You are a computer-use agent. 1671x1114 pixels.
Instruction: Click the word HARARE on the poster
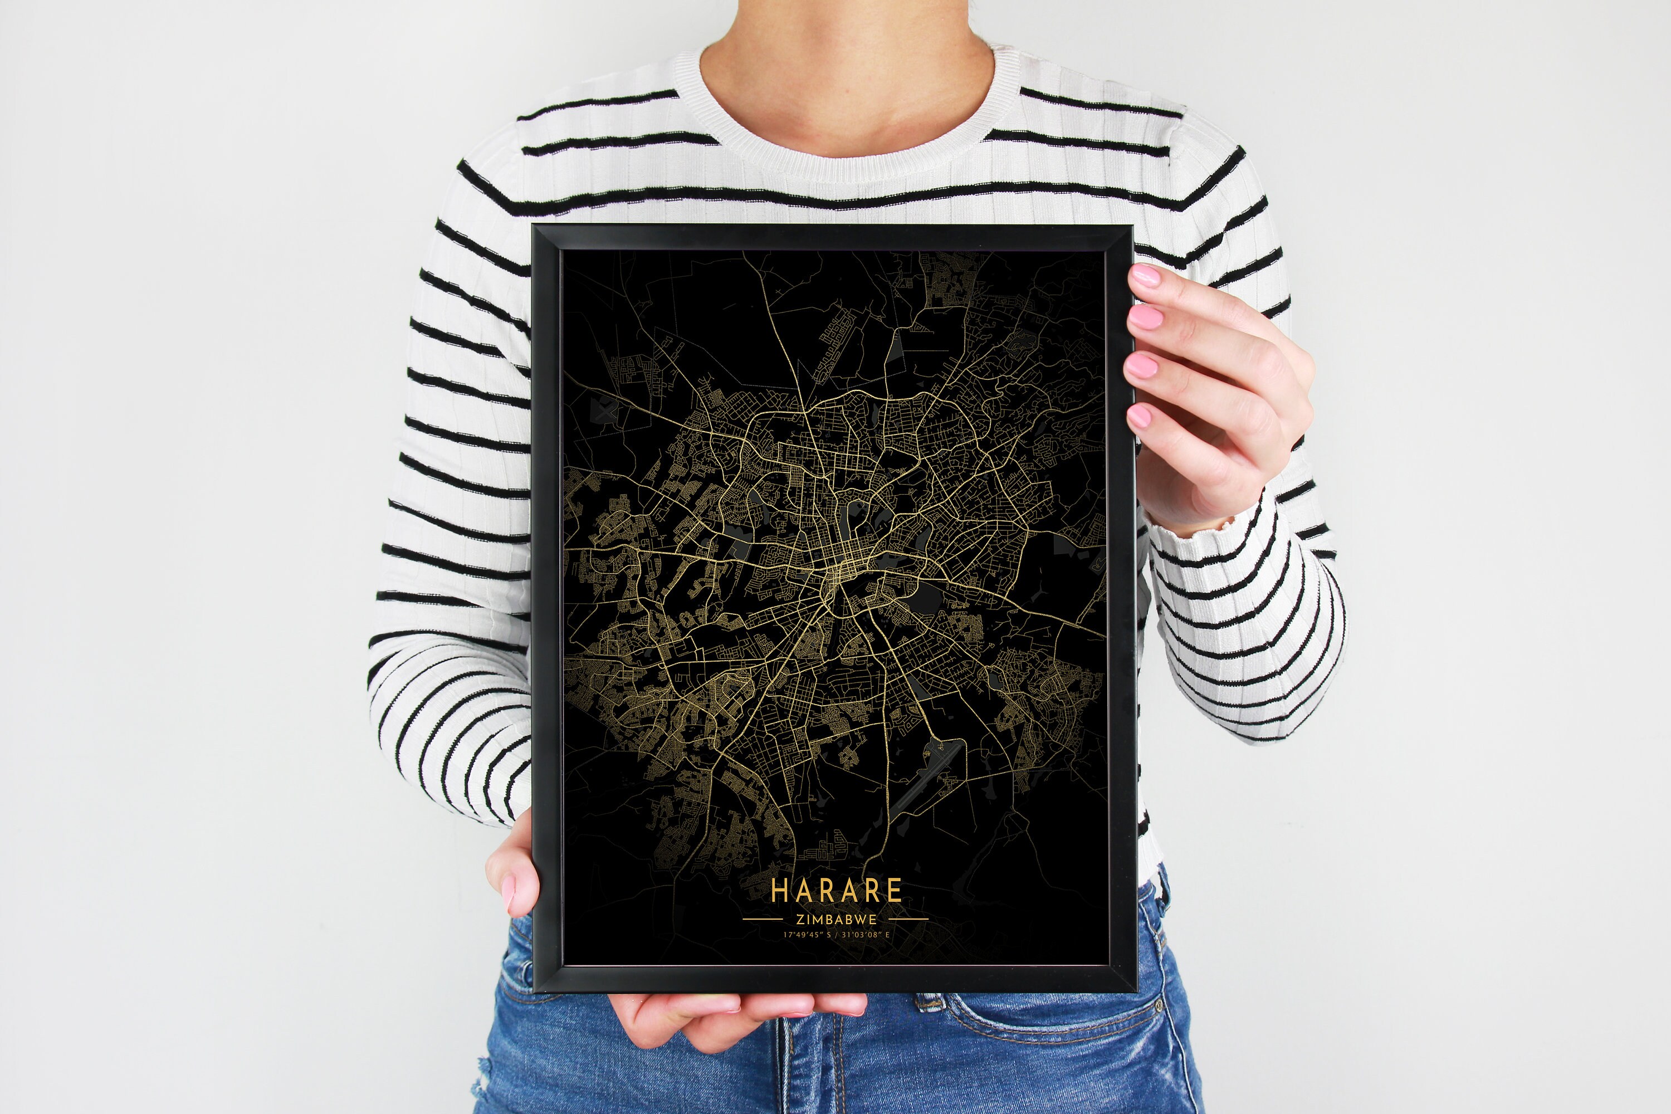(836, 890)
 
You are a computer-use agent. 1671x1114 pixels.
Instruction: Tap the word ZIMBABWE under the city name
(836, 920)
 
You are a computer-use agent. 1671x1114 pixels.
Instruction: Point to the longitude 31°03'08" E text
(866, 935)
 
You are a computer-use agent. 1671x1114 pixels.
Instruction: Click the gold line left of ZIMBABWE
(763, 920)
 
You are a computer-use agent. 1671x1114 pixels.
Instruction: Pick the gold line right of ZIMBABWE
(908, 920)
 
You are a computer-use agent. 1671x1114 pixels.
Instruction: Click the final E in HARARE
(895, 890)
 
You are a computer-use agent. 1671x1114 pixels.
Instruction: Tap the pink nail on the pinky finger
(1139, 416)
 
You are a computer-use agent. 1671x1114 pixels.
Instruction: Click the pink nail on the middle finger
(1145, 317)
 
